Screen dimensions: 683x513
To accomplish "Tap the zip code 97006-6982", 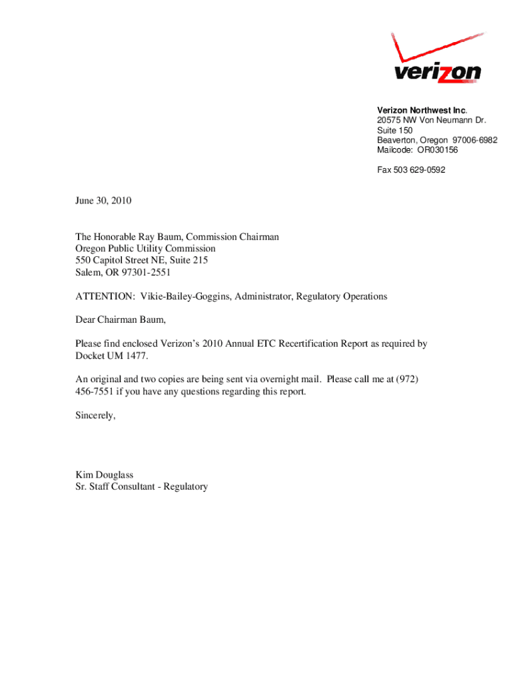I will point(474,140).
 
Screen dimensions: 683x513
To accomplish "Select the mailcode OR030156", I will point(438,150).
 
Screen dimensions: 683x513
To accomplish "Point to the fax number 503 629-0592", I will point(421,170).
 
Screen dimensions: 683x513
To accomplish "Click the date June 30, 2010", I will point(99,200).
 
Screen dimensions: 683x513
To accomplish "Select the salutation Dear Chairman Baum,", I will point(120,320).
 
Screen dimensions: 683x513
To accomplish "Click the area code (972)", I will point(407,380).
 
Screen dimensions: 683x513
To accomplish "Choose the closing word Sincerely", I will point(95,416).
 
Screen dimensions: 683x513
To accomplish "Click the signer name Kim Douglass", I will point(105,475).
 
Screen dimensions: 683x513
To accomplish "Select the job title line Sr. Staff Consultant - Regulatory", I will point(142,487).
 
